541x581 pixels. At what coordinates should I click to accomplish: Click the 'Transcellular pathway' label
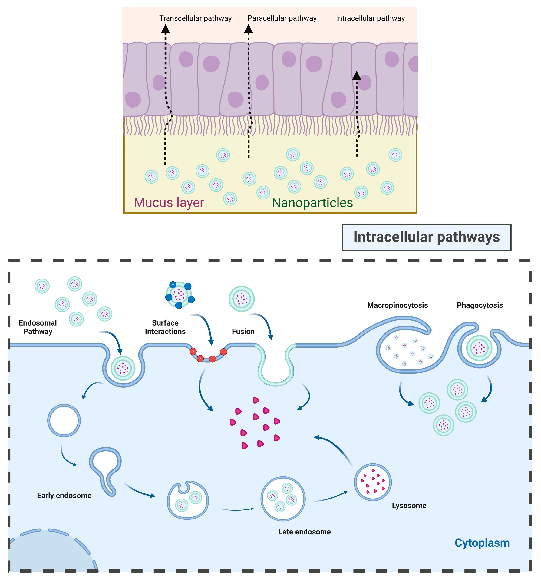pos(195,18)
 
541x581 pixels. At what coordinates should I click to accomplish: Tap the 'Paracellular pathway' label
pos(282,18)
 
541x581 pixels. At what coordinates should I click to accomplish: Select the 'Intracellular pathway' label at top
pos(370,18)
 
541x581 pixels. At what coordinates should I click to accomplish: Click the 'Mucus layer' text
pos(169,202)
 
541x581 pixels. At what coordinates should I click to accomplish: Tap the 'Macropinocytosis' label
pos(397,305)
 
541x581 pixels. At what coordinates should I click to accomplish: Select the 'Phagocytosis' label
pos(480,305)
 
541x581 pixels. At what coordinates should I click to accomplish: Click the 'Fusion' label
pos(243,331)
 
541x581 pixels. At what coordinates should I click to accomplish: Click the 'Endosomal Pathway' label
pos(38,327)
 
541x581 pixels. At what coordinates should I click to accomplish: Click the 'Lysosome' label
pos(409,506)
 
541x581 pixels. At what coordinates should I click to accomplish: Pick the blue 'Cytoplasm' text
pos(482,543)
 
